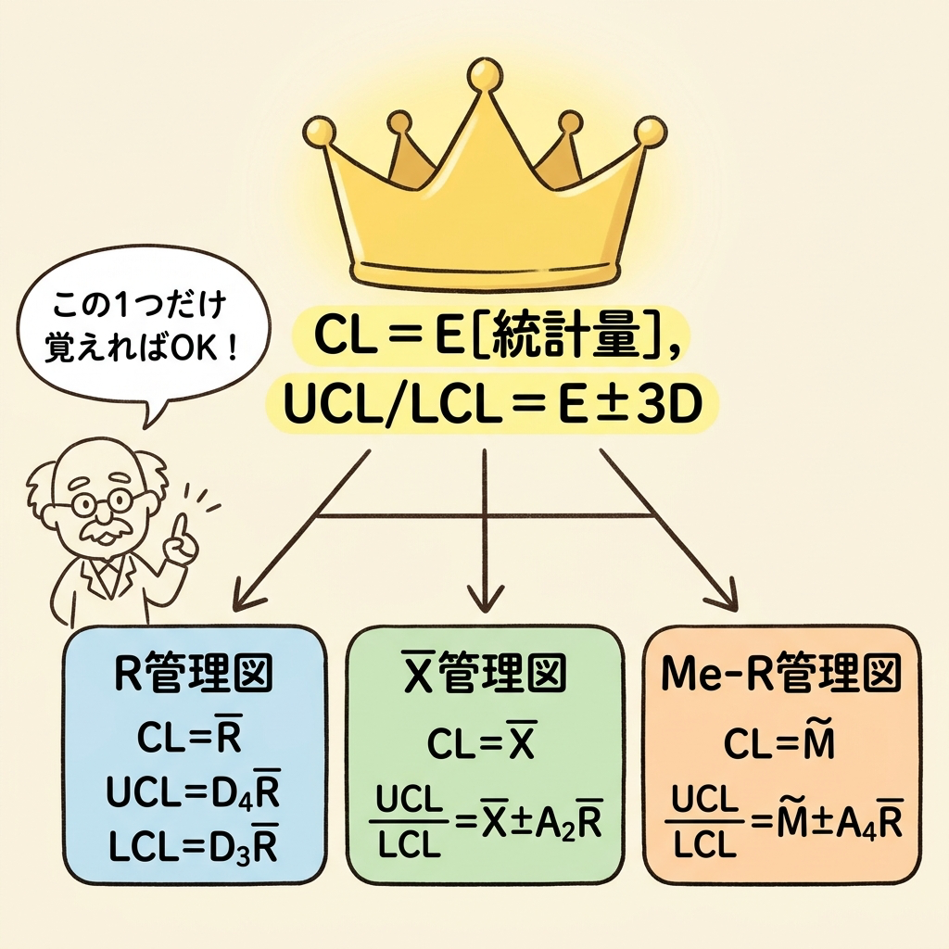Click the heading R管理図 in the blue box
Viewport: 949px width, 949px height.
click(x=193, y=674)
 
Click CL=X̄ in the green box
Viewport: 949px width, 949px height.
click(x=482, y=741)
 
